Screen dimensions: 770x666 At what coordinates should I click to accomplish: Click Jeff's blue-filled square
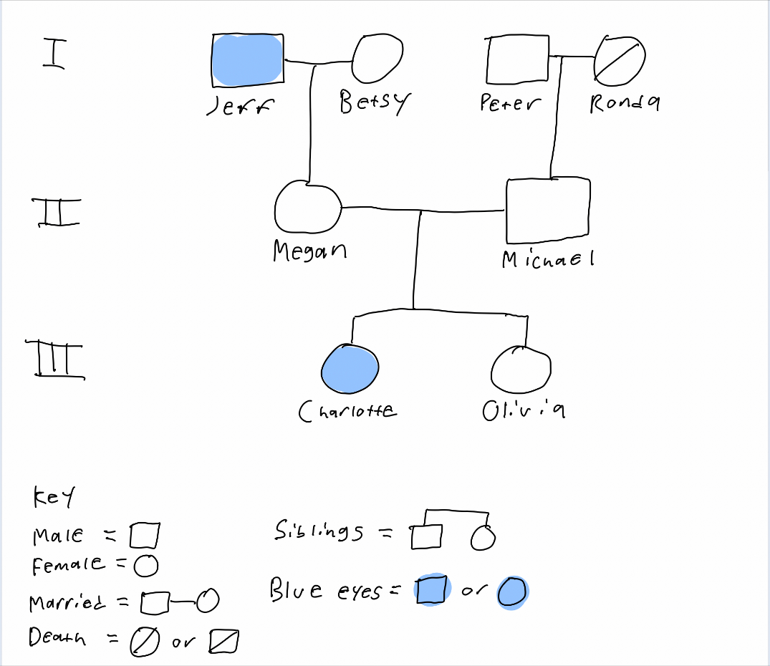pos(248,60)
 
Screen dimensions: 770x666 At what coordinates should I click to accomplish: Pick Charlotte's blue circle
pos(350,369)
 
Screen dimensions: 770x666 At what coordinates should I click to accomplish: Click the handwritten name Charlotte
pos(347,411)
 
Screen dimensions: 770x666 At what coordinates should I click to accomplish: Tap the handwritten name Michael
pos(548,259)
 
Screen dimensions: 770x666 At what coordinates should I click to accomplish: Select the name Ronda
pos(625,103)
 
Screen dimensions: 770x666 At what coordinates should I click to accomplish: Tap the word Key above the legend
pos(54,497)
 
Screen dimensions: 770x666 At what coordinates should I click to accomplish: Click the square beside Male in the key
pos(145,535)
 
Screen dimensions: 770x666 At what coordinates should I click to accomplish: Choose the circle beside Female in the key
pos(146,566)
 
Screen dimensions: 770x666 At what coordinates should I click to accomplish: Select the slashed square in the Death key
pos(224,642)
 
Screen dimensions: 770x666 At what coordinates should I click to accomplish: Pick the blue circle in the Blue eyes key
pos(512,592)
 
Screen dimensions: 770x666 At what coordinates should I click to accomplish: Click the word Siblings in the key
pos(319,531)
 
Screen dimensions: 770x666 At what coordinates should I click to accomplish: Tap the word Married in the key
pos(67,602)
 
